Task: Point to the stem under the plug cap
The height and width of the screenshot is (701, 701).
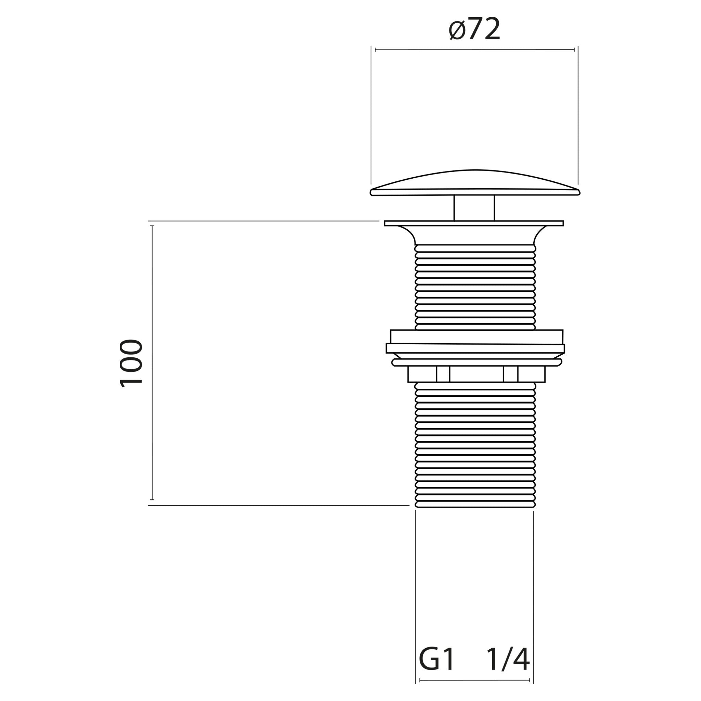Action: pos(474,208)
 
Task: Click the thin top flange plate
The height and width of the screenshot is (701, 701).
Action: pos(474,223)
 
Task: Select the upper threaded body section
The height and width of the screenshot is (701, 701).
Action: pos(475,286)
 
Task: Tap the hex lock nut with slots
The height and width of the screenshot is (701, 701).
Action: pos(476,374)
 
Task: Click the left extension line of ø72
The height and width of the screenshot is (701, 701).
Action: pos(371,116)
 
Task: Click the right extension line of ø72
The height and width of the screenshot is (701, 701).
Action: pos(578,116)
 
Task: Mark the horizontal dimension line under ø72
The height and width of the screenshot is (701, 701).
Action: pos(474,50)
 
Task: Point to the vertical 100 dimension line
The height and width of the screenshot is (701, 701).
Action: pos(152,363)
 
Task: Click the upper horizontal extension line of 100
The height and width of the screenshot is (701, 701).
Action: pos(261,221)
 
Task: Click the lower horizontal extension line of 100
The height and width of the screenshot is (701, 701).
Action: pos(276,505)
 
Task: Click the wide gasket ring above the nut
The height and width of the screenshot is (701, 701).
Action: pos(475,348)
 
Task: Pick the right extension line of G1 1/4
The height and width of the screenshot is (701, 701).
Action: pos(533,599)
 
